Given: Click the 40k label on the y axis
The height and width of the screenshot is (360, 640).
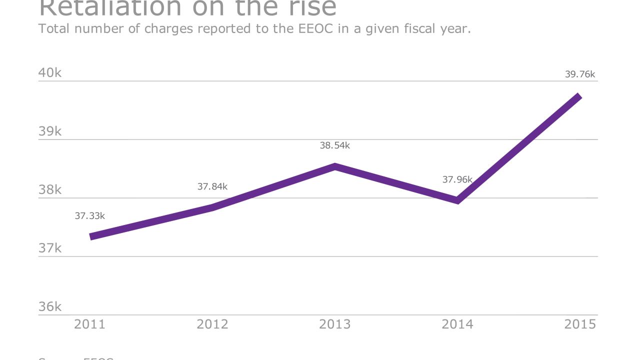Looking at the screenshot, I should (x=50, y=73).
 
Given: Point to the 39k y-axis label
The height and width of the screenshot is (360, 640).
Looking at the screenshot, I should (x=50, y=131).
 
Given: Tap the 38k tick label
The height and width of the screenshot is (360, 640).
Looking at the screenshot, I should (x=50, y=190).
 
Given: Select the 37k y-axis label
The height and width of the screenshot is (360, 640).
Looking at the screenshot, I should (x=50, y=248).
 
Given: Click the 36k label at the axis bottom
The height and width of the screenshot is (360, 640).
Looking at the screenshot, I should (x=50, y=306).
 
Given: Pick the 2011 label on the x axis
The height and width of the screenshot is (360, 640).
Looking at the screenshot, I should (x=90, y=324).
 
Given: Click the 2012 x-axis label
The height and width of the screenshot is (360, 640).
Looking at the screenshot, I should (x=212, y=324).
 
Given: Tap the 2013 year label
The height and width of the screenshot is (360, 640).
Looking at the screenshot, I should (x=335, y=324).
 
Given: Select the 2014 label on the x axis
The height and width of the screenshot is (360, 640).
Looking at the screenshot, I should (x=457, y=324).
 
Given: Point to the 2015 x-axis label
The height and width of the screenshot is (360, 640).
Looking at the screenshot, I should (x=580, y=324).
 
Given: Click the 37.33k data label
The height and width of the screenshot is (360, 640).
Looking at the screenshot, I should (x=90, y=216).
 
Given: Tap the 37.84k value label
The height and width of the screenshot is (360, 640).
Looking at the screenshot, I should (x=212, y=186).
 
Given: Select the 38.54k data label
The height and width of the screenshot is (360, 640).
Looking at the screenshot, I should (x=335, y=145).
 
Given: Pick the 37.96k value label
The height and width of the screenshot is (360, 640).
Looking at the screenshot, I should (x=457, y=179).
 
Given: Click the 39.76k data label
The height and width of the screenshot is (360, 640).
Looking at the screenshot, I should (x=580, y=74).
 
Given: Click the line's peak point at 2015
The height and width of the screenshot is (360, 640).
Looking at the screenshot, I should (x=579, y=96).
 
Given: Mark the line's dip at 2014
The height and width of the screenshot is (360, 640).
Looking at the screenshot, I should (x=457, y=201).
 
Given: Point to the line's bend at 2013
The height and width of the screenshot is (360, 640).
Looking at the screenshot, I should (x=335, y=166).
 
